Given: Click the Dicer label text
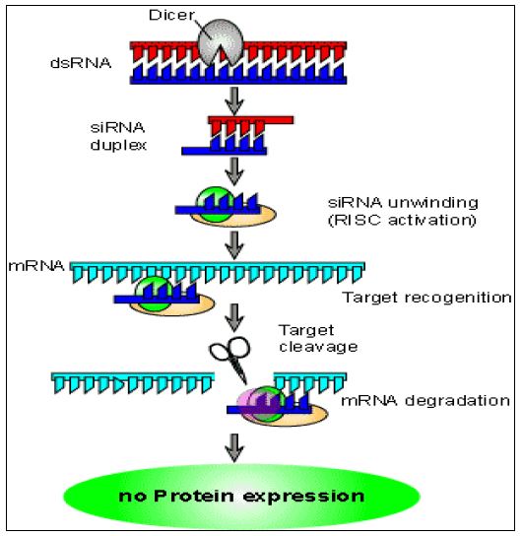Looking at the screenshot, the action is (x=171, y=15).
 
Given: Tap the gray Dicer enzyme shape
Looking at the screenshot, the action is (x=221, y=41).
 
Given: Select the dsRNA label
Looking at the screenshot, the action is (x=81, y=63).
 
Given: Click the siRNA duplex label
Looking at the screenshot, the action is (x=118, y=136).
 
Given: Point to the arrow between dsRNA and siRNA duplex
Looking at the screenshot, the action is (x=234, y=100).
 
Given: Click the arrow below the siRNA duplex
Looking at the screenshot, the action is (x=234, y=170).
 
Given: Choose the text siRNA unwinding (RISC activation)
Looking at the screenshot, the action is (x=403, y=211).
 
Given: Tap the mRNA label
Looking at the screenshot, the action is (x=36, y=266).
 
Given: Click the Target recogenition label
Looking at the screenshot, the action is (x=427, y=298).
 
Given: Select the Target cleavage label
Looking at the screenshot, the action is (x=318, y=338).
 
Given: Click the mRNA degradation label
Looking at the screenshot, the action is (x=425, y=400).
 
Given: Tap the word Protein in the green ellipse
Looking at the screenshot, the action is (x=194, y=496).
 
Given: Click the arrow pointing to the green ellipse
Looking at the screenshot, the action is (x=234, y=447).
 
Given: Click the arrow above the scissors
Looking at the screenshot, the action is (x=234, y=317).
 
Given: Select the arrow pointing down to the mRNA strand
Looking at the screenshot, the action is (x=234, y=245).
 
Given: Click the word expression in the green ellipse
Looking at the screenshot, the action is (x=303, y=497).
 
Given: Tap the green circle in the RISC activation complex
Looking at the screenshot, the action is (x=216, y=204).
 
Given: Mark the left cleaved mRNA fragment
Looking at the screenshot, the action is (x=133, y=383).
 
